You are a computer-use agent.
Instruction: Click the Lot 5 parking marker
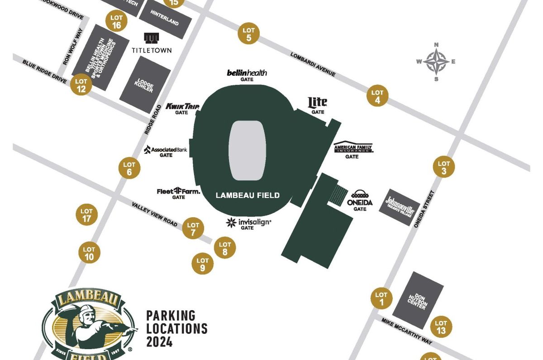tap(248, 34)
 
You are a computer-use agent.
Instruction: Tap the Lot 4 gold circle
tap(377, 96)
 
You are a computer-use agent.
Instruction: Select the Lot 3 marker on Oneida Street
tap(444, 167)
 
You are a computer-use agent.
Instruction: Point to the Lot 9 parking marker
tap(202, 264)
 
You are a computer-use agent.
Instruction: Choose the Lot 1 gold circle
tap(381, 298)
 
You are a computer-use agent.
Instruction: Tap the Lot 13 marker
tap(441, 327)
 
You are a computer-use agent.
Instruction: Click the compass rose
tap(436, 61)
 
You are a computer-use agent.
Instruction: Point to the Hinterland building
tap(165, 21)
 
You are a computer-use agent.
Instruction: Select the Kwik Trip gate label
tap(182, 107)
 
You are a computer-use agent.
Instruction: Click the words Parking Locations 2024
tap(176, 328)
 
